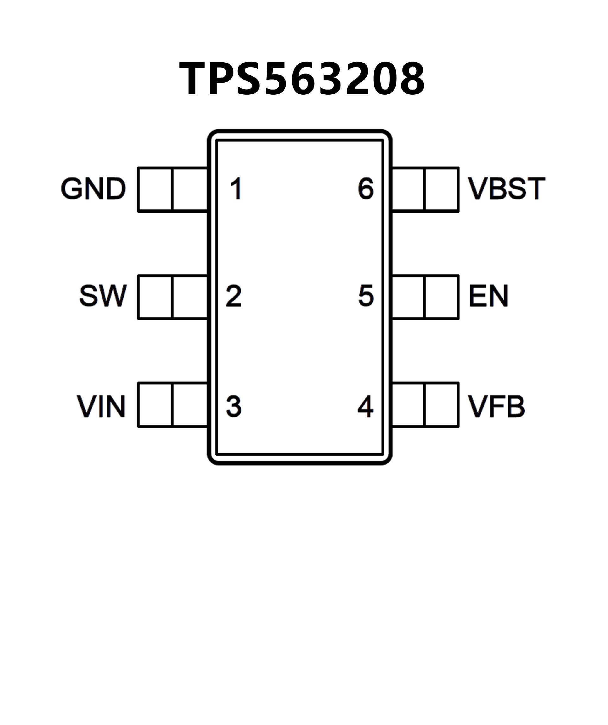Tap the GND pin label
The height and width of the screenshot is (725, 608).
(93, 189)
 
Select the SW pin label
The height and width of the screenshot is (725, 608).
(103, 296)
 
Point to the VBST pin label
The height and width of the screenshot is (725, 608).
(506, 189)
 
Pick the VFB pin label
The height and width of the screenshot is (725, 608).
(496, 406)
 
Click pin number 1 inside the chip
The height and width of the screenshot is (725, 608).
(236, 189)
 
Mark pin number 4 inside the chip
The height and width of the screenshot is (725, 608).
(365, 406)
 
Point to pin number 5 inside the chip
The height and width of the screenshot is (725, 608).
(366, 296)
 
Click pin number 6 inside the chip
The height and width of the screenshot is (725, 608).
(366, 189)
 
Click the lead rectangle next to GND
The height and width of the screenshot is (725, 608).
(172, 189)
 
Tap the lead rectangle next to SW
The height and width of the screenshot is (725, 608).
(172, 297)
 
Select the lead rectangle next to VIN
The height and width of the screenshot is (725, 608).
(172, 405)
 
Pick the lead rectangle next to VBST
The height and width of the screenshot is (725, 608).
(426, 189)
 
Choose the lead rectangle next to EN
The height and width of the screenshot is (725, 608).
(426, 297)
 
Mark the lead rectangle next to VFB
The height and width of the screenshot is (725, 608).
(426, 405)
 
